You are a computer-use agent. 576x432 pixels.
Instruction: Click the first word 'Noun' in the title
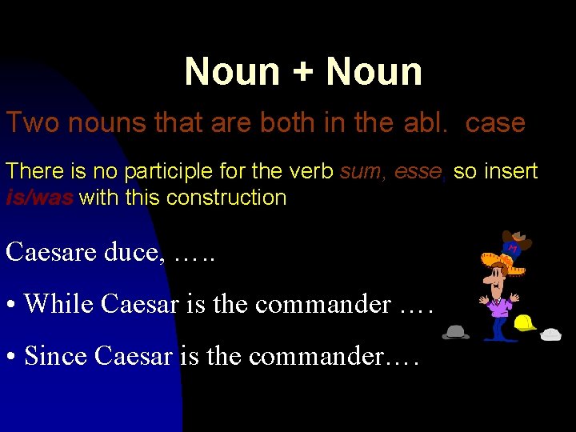[231, 71]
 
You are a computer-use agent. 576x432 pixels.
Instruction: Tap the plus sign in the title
[303, 73]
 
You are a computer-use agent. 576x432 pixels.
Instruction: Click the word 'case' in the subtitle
[495, 123]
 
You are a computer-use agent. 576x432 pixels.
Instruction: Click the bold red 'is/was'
[39, 198]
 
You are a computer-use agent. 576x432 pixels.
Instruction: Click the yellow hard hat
[525, 322]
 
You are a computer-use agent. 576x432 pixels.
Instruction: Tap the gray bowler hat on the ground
[456, 331]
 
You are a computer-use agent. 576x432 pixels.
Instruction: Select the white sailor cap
[551, 334]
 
